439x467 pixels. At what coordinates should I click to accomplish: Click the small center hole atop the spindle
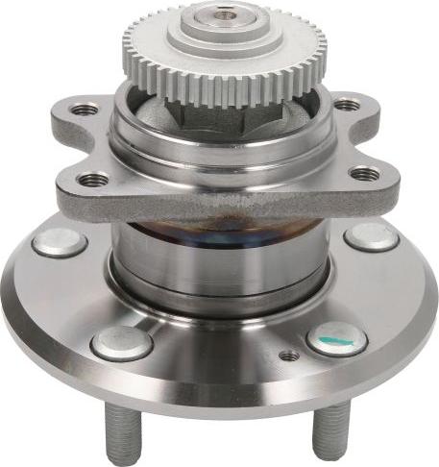pyautogui.click(x=222, y=12)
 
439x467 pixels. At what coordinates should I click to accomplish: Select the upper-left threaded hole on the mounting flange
pyautogui.click(x=85, y=109)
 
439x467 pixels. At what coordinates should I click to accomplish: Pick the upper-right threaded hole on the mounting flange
pyautogui.click(x=347, y=104)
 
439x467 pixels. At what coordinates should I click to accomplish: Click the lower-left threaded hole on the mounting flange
pyautogui.click(x=94, y=178)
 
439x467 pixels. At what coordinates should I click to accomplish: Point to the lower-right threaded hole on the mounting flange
pyautogui.click(x=364, y=174)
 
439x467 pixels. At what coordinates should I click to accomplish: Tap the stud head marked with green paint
pyautogui.click(x=337, y=338)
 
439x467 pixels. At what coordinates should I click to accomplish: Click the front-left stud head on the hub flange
pyautogui.click(x=121, y=342)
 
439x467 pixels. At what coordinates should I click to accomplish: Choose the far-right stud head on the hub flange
pyautogui.click(x=372, y=235)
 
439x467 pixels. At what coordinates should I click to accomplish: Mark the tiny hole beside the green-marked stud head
pyautogui.click(x=288, y=356)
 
